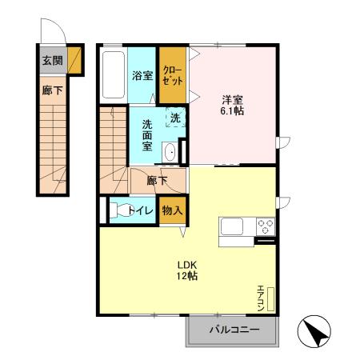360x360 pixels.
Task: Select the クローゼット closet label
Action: coord(171,75)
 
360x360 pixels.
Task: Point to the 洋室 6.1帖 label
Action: coord(233,104)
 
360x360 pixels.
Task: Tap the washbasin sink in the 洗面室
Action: coord(170,152)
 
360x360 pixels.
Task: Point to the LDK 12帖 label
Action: coord(187,270)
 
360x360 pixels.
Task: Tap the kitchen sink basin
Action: coord(234,227)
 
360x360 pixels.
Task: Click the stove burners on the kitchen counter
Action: coord(265,226)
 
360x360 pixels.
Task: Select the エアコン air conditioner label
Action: coord(261,297)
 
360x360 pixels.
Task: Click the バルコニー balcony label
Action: coord(233,330)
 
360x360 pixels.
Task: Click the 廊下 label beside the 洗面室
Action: coord(157,180)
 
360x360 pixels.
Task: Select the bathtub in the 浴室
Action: coord(114,76)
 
